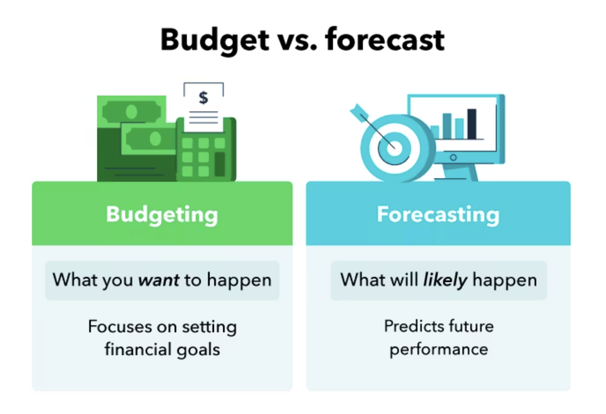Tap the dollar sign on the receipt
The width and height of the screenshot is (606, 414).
[204, 97]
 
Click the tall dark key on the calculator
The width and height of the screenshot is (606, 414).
[220, 163]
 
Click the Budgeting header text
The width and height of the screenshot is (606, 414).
[162, 214]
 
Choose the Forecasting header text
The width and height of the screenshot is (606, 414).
[438, 214]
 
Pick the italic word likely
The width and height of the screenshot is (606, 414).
[445, 280]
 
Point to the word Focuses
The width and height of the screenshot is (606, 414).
[119, 327]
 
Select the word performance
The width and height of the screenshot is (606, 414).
[439, 350]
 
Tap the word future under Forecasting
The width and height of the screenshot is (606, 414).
[471, 327]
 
